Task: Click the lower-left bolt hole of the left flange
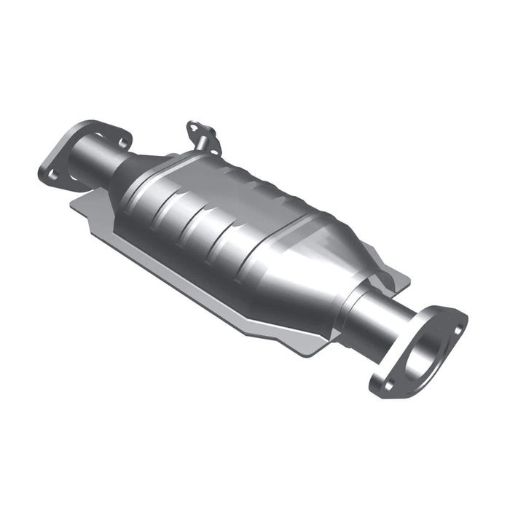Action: (50, 173)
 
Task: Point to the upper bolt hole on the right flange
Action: (458, 329)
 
